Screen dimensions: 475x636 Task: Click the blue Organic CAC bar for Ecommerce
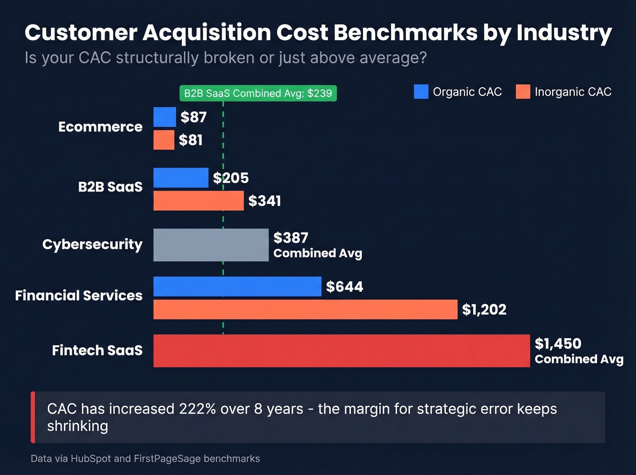click(x=164, y=117)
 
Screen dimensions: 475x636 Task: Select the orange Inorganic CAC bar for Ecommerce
click(x=164, y=140)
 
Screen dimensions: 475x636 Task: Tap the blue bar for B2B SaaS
click(x=181, y=178)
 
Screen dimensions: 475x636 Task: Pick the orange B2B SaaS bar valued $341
click(x=199, y=201)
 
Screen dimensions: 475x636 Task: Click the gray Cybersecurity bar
click(x=211, y=245)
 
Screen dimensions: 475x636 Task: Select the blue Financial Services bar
click(x=237, y=286)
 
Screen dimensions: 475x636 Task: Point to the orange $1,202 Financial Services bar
click(x=305, y=310)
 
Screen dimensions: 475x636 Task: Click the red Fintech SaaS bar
click(x=342, y=351)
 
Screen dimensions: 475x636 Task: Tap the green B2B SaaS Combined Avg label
click(x=258, y=93)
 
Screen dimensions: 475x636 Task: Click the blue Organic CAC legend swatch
click(x=421, y=92)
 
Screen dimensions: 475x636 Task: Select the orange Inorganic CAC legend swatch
click(x=523, y=92)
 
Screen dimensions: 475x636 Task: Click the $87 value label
click(x=194, y=117)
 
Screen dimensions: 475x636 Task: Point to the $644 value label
click(x=344, y=287)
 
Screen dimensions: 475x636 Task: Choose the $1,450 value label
click(x=558, y=344)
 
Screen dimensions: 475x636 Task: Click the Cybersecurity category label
click(x=92, y=245)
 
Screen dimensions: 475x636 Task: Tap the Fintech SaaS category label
click(x=97, y=350)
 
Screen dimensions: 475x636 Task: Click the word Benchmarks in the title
click(x=405, y=33)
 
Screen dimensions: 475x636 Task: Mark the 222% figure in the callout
click(x=197, y=409)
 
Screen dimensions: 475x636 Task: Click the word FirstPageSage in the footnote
click(x=167, y=459)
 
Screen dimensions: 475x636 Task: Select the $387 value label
click(x=291, y=238)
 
